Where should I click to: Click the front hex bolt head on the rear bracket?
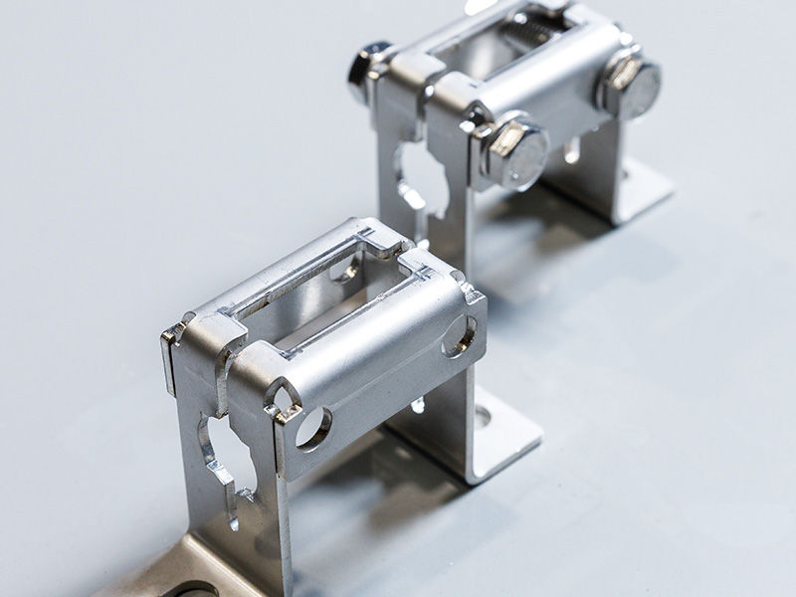515,152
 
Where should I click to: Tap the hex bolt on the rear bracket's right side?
630,86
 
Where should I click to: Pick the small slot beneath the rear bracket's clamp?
573,150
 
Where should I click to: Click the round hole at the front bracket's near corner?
312,428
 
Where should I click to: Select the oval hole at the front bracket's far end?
458,336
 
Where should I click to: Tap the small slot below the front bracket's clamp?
419,404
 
